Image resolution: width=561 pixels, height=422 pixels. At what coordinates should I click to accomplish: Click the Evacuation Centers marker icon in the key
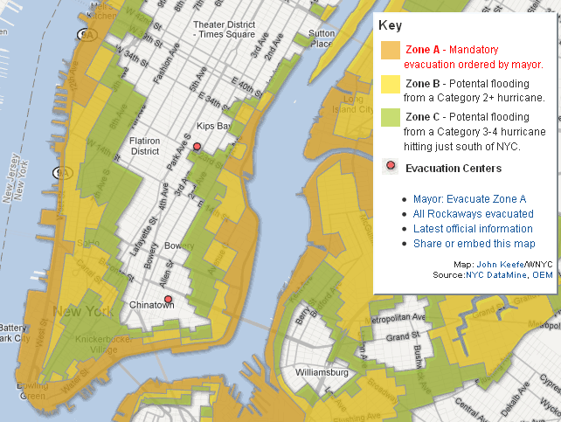[x=391, y=168]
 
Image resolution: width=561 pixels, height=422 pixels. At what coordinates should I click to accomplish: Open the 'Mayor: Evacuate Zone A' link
[x=469, y=198]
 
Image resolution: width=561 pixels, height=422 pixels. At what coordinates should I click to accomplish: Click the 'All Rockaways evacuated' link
[x=473, y=213]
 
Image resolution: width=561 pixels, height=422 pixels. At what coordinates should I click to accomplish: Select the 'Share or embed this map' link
[x=474, y=244]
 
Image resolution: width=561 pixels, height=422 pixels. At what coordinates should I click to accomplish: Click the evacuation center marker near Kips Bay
[x=197, y=147]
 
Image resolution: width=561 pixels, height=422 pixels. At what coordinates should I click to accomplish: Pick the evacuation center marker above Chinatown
[x=168, y=301]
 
